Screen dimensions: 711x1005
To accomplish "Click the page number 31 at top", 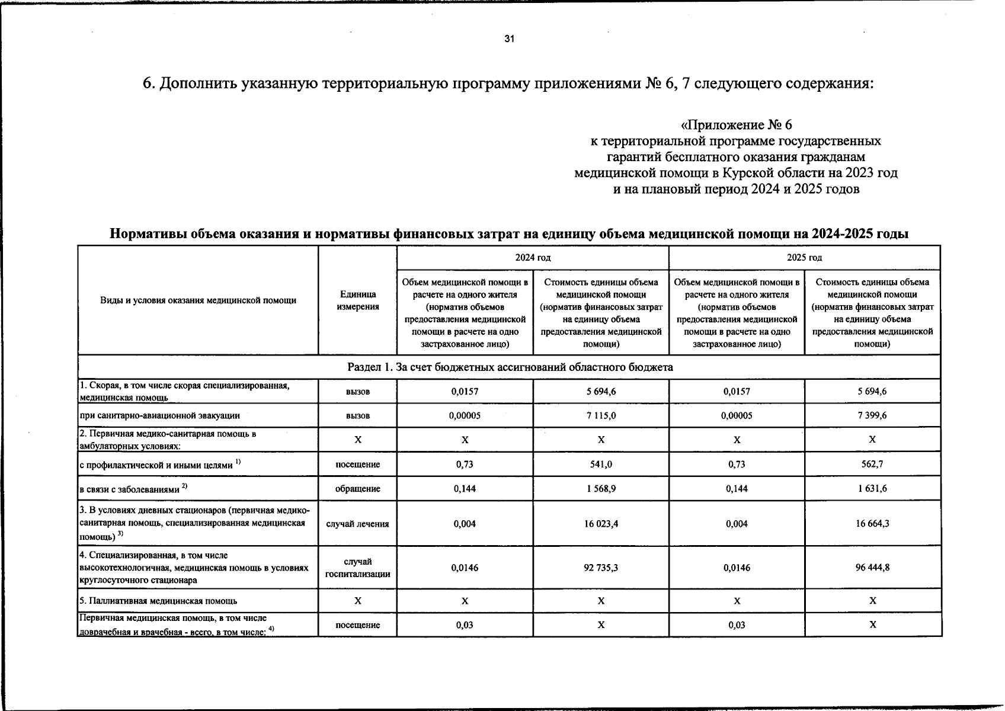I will (509, 39).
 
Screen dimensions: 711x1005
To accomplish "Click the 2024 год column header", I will (532, 258).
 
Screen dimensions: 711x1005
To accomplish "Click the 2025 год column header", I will (804, 258).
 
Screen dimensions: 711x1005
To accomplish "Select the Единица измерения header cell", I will (357, 300).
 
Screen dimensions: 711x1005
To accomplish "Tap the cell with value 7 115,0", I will (601, 416).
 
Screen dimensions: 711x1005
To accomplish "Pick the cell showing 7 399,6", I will (872, 416).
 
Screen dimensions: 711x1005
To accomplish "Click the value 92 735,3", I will (601, 568).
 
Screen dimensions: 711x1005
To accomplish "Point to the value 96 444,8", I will (872, 568).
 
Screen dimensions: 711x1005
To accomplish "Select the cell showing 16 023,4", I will (601, 524).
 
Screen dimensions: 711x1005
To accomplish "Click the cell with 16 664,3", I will (872, 524).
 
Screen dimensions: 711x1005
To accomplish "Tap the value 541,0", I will (601, 465).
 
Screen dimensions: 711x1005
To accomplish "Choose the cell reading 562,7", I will (872, 465).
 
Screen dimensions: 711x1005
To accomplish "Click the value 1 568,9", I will (601, 489).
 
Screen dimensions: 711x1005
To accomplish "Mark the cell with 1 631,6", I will (872, 489).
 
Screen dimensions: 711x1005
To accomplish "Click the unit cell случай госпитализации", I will (357, 568).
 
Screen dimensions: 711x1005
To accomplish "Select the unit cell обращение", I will (357, 489).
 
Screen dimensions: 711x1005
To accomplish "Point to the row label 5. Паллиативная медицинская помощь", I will (158, 601).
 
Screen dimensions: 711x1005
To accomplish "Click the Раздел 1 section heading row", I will (509, 367).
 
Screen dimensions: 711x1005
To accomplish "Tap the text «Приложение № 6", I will (736, 125).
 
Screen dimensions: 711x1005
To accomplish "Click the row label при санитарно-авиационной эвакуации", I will (159, 416).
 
